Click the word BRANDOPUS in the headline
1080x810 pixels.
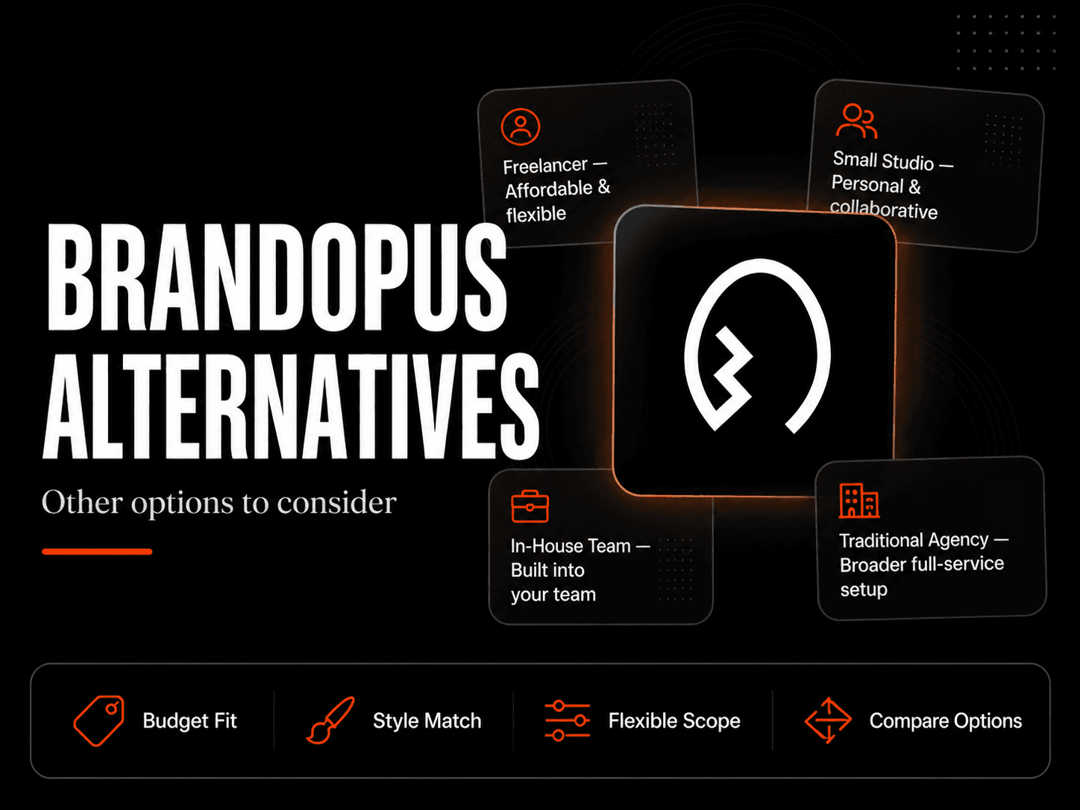tap(277, 277)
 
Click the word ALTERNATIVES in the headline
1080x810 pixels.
tap(292, 406)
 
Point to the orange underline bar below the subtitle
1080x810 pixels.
tap(97, 552)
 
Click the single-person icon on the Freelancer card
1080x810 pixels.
tap(521, 127)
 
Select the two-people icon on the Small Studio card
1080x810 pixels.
tap(857, 121)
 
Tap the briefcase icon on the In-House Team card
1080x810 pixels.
tap(530, 506)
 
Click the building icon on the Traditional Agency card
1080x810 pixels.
tap(859, 500)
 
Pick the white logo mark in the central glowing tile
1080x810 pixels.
tap(758, 346)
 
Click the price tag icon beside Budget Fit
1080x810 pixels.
tap(99, 720)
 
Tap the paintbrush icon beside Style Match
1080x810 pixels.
tap(330, 720)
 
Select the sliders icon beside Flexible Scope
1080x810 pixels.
tap(568, 720)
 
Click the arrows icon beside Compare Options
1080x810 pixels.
tap(828, 720)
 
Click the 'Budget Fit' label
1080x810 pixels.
tap(190, 721)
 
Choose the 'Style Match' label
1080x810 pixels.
tap(427, 721)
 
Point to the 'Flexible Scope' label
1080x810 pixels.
tap(674, 721)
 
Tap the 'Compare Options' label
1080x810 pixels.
tap(946, 721)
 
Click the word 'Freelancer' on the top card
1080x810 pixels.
tap(545, 166)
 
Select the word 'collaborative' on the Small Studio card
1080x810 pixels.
tap(884, 210)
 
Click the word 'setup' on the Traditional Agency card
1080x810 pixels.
tap(864, 589)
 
